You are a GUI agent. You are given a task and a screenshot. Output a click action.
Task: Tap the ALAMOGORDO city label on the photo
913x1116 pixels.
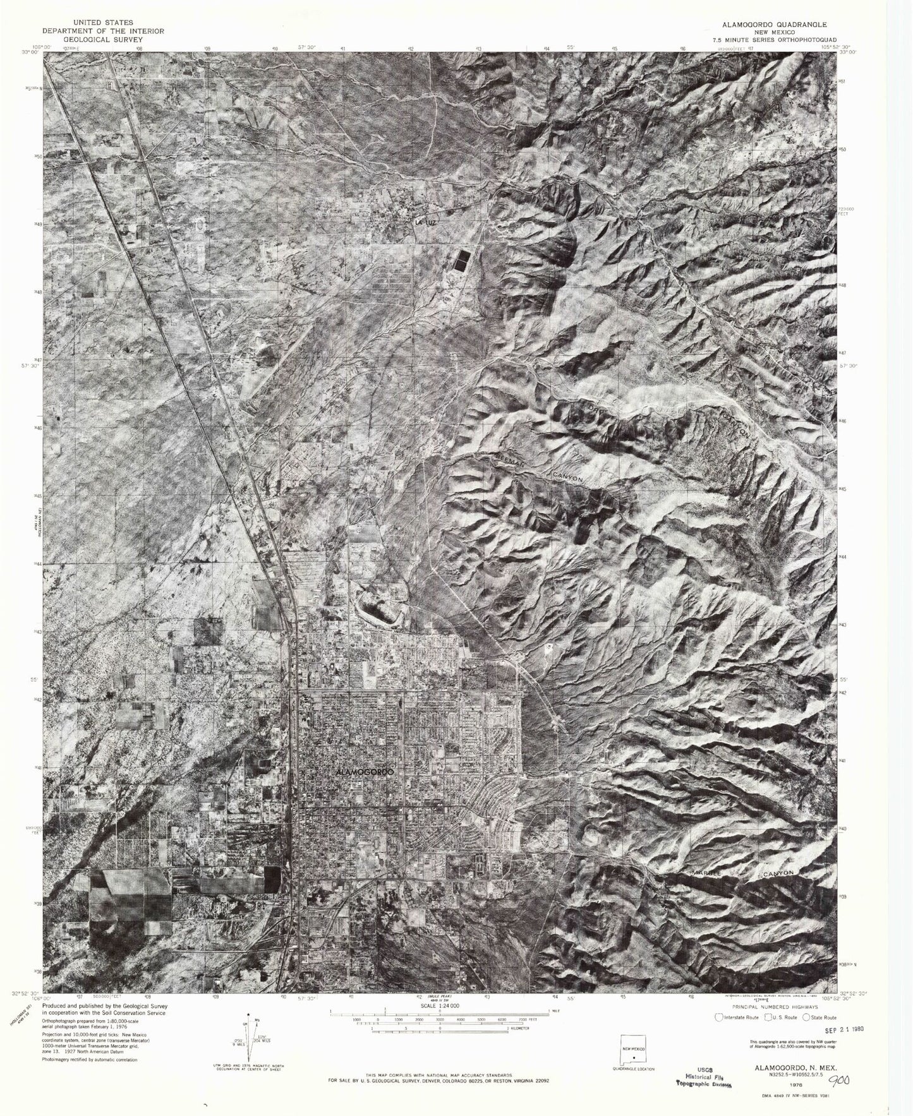click(366, 772)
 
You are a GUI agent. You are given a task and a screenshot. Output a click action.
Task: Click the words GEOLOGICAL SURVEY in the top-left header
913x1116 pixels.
click(102, 39)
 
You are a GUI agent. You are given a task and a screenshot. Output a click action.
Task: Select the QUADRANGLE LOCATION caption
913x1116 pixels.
click(634, 1069)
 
